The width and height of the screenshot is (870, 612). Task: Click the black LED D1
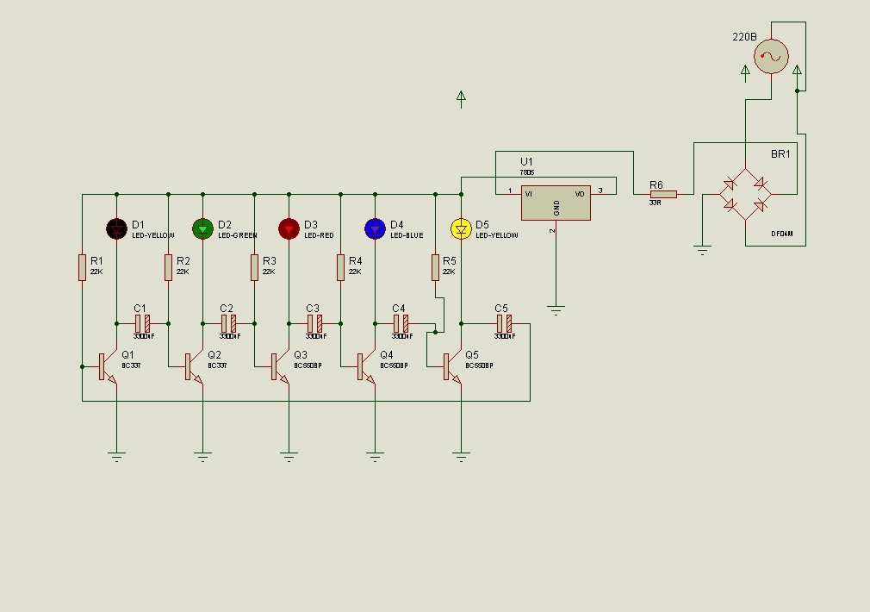pyautogui.click(x=116, y=228)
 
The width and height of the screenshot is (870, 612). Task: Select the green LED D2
pyautogui.click(x=202, y=228)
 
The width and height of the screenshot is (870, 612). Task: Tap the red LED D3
pyautogui.click(x=289, y=228)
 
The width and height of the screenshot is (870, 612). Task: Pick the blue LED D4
pyautogui.click(x=375, y=228)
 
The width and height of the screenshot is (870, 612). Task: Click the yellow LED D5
pyautogui.click(x=461, y=228)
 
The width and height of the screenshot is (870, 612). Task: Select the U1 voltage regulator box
pyautogui.click(x=556, y=203)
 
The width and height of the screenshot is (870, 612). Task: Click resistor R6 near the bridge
pyautogui.click(x=663, y=194)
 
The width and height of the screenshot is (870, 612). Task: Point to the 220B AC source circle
pyautogui.click(x=771, y=57)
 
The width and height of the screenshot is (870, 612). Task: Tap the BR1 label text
pyautogui.click(x=780, y=154)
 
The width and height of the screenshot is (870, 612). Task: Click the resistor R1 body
pyautogui.click(x=82, y=267)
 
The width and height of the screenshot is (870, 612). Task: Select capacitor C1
pyautogui.click(x=142, y=323)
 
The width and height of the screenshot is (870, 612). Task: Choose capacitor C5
pyautogui.click(x=504, y=323)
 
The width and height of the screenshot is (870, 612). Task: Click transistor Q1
pyautogui.click(x=107, y=366)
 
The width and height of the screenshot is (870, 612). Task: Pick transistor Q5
pyautogui.click(x=451, y=366)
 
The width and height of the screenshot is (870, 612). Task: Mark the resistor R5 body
pyautogui.click(x=435, y=267)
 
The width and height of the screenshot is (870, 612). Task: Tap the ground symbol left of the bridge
pyautogui.click(x=702, y=250)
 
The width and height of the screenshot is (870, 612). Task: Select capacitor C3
pyautogui.click(x=314, y=323)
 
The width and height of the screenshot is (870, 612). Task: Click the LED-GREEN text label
pyautogui.click(x=238, y=235)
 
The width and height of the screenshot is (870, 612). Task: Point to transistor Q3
pyautogui.click(x=279, y=366)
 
